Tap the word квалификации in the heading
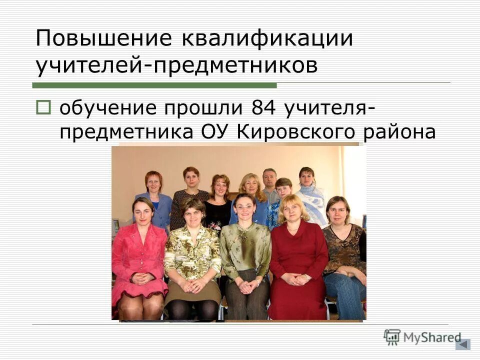[x=267, y=38]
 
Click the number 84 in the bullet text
[x=264, y=107]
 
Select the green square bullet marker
[x=43, y=106]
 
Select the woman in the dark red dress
[x=298, y=260]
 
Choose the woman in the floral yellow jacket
[x=192, y=255]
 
